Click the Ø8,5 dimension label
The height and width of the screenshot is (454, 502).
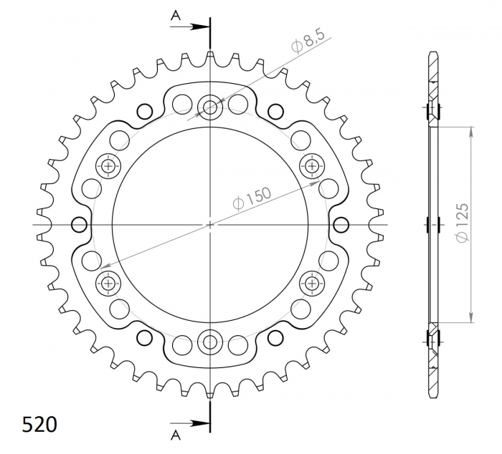point(308,40)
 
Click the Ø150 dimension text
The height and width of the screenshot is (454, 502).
point(252,198)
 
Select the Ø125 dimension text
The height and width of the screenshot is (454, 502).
point(463,222)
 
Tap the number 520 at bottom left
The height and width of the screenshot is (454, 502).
point(39,425)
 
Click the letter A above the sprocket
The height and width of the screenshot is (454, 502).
point(176,15)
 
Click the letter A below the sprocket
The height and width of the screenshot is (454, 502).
point(176,435)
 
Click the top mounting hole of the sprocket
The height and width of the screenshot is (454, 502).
point(210,107)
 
